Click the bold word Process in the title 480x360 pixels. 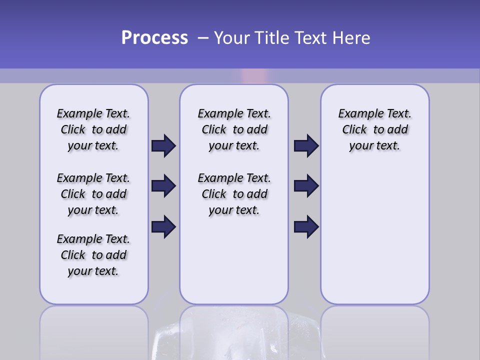(x=154, y=38)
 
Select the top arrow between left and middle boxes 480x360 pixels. (x=163, y=146)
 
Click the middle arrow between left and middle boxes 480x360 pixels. (x=163, y=186)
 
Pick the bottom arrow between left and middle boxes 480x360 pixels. (x=163, y=227)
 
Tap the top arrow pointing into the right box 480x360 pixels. (x=306, y=146)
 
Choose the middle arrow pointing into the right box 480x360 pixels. (x=306, y=186)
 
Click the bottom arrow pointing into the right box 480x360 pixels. (x=306, y=227)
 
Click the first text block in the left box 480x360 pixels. (x=93, y=129)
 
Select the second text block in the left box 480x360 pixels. (x=93, y=194)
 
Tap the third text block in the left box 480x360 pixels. (x=93, y=255)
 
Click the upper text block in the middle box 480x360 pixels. (x=234, y=129)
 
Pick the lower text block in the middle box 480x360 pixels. (x=234, y=194)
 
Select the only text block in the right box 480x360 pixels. (x=375, y=129)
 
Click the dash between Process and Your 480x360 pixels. (x=203, y=38)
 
